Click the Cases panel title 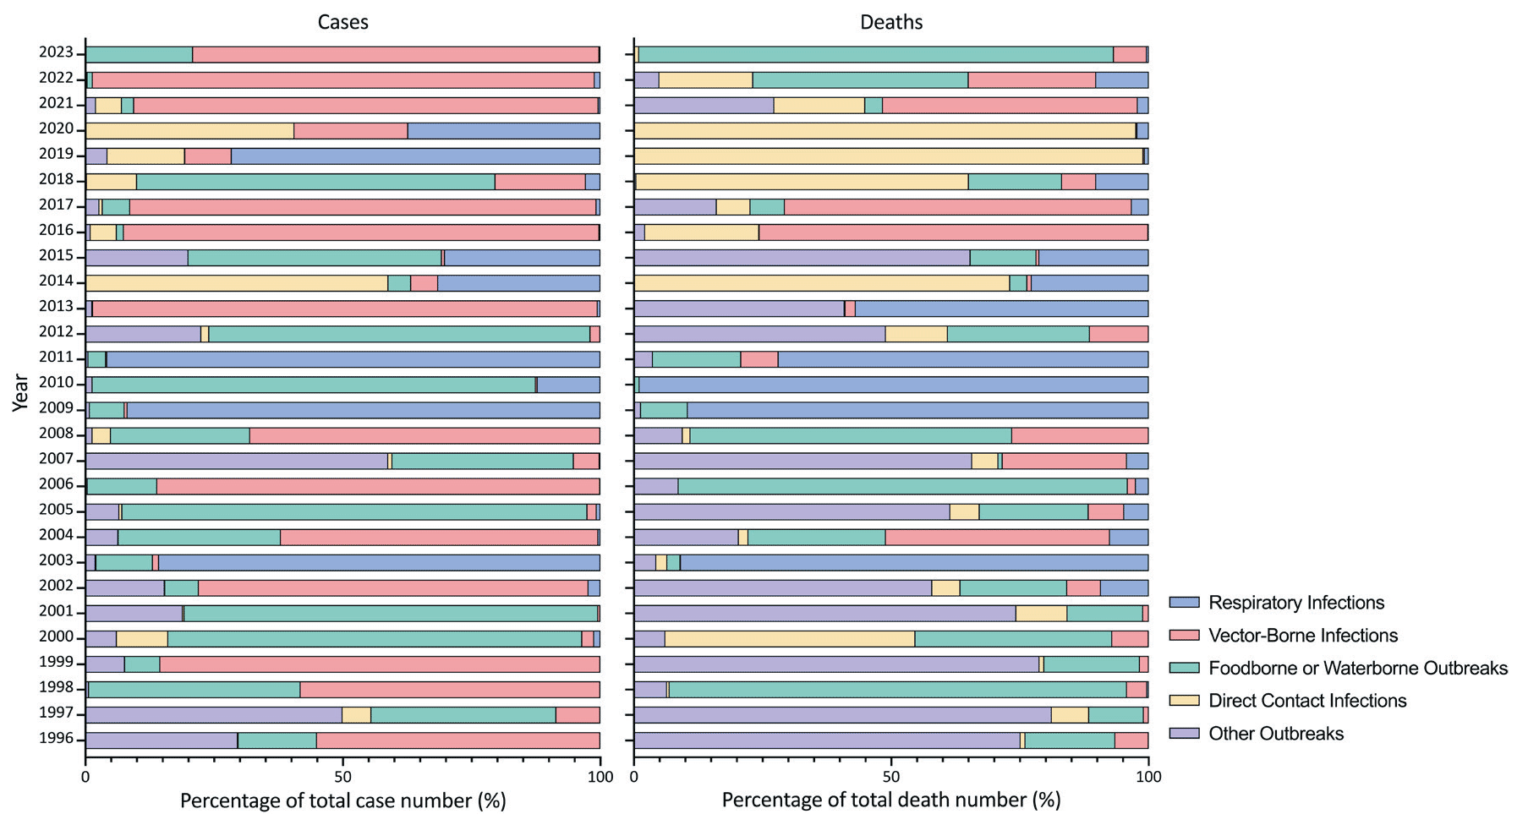pos(342,22)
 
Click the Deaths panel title pos(890,22)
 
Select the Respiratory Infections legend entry pos(1295,603)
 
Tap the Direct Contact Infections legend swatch pos(1184,701)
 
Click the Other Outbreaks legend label pos(1275,734)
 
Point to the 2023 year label pos(56,52)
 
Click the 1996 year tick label pos(56,740)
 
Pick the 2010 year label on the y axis pos(56,383)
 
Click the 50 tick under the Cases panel pos(342,776)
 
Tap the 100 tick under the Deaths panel pos(1147,776)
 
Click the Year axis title pos(21,393)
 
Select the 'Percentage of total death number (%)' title pos(890,800)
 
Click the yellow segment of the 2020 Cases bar pos(189,131)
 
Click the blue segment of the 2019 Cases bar pos(414,156)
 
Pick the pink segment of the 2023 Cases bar pos(396,55)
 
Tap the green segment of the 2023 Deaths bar pos(875,55)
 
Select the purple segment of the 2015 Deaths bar pos(802,258)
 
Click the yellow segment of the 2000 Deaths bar pos(789,639)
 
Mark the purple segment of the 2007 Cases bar pos(236,462)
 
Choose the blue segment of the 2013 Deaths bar pos(1001,309)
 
